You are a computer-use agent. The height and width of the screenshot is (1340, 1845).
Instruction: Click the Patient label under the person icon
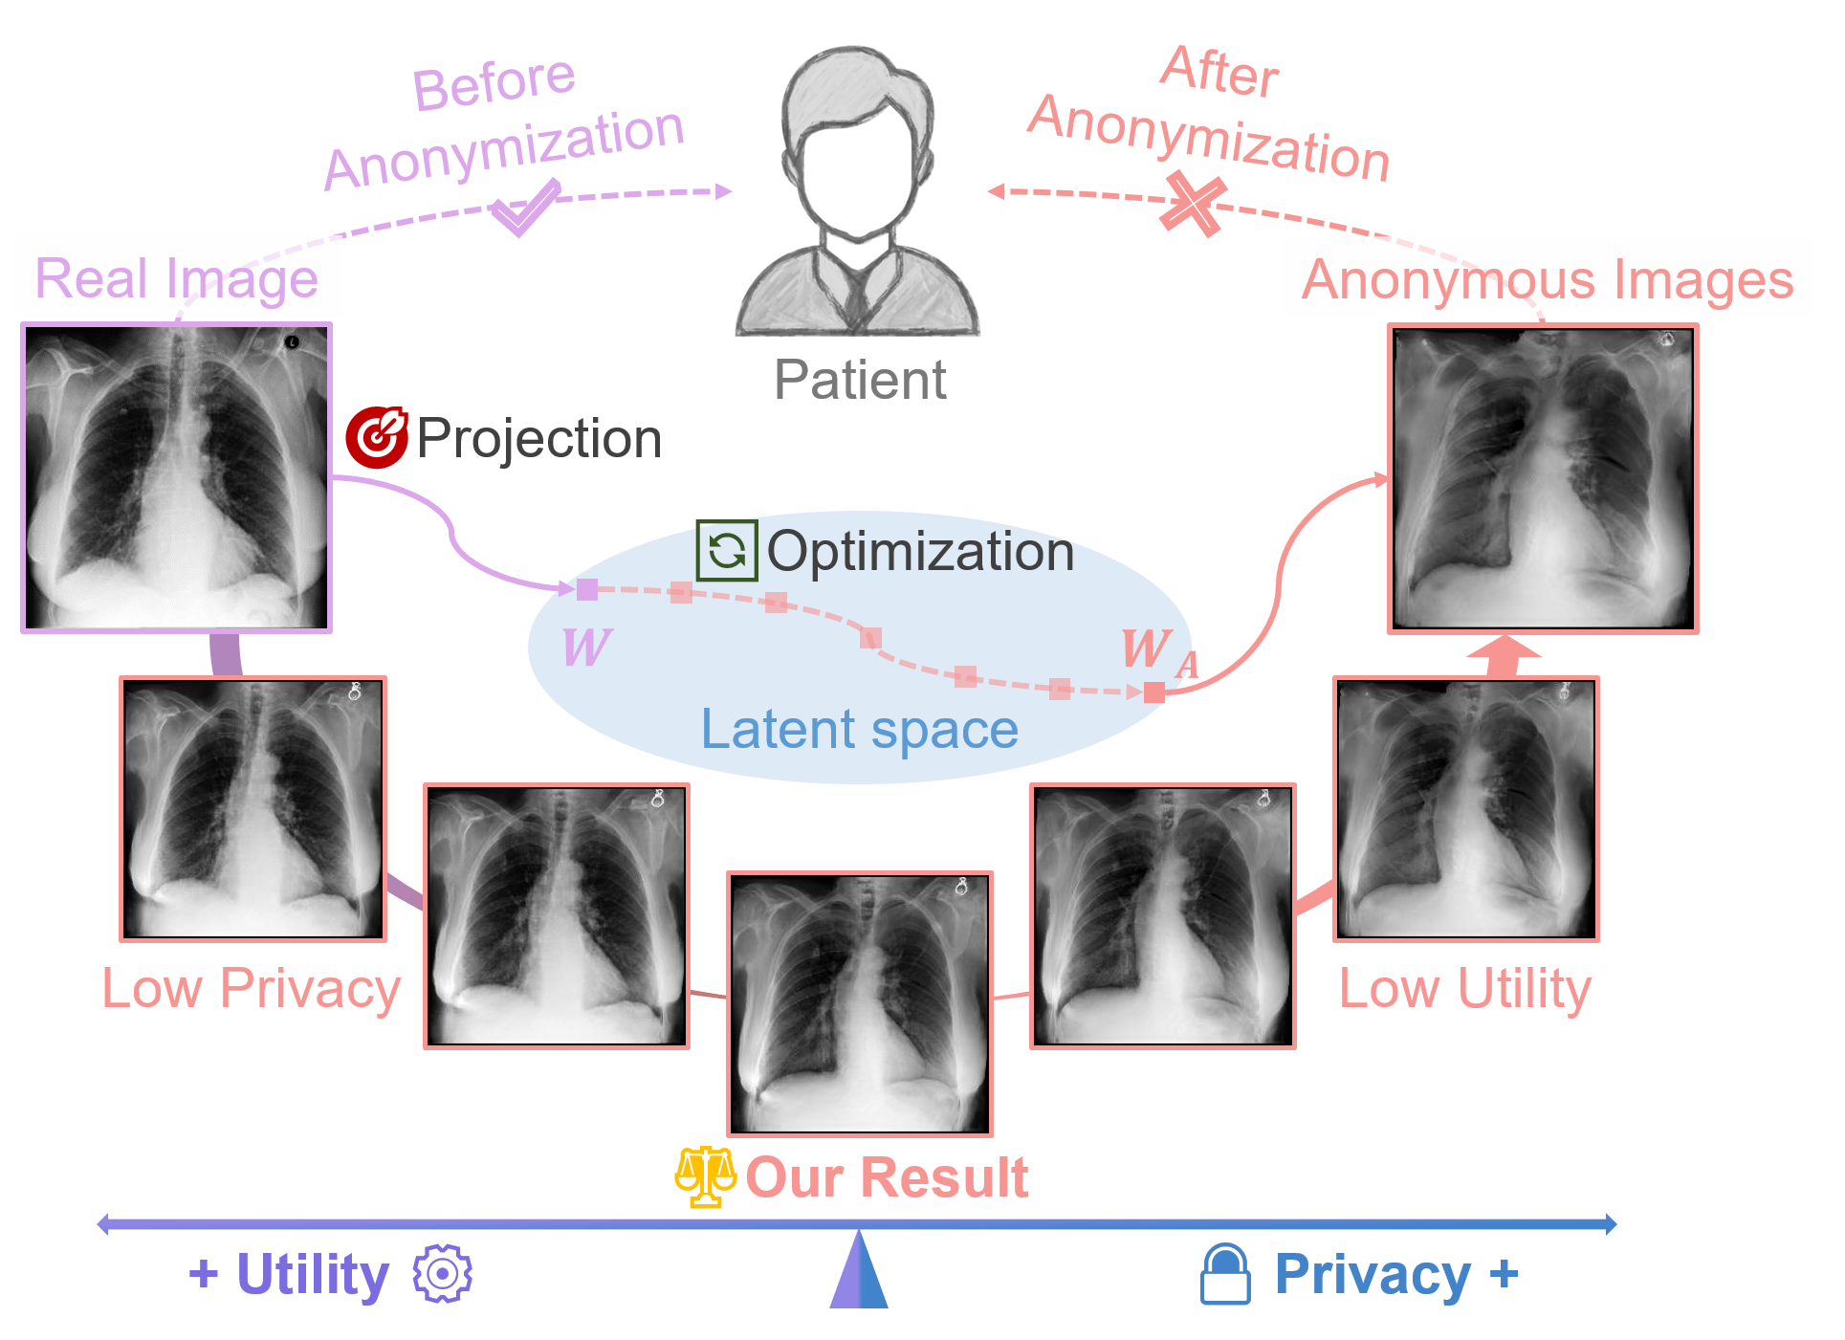click(x=859, y=380)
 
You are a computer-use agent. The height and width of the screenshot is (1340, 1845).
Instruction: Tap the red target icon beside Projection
click(x=376, y=437)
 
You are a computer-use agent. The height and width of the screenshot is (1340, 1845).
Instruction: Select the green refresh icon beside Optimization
click(x=727, y=551)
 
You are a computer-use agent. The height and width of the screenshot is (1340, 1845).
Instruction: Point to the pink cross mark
click(x=1192, y=204)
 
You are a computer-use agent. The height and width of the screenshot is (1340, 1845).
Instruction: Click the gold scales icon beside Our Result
click(x=705, y=1176)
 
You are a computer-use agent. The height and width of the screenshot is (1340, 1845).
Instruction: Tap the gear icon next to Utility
click(x=442, y=1273)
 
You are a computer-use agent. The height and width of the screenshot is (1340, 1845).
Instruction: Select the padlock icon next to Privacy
click(x=1225, y=1274)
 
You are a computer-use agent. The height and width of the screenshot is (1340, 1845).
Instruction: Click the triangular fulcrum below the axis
click(x=859, y=1272)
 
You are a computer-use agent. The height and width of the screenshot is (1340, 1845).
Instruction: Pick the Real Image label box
click(x=177, y=277)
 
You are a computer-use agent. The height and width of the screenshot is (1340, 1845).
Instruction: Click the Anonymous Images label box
click(x=1548, y=278)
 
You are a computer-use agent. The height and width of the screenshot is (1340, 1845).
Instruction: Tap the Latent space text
click(x=859, y=729)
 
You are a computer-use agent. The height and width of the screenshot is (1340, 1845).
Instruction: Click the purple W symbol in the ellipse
click(x=585, y=647)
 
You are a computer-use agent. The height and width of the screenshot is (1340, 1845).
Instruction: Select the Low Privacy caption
click(x=251, y=988)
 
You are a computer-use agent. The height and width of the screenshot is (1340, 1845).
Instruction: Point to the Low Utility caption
click(x=1464, y=988)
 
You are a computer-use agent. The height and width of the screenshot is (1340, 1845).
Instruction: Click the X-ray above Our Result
click(x=860, y=1003)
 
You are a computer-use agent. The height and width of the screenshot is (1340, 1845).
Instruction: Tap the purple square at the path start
click(x=587, y=589)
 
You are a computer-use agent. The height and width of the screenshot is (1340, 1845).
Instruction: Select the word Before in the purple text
click(x=494, y=82)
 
